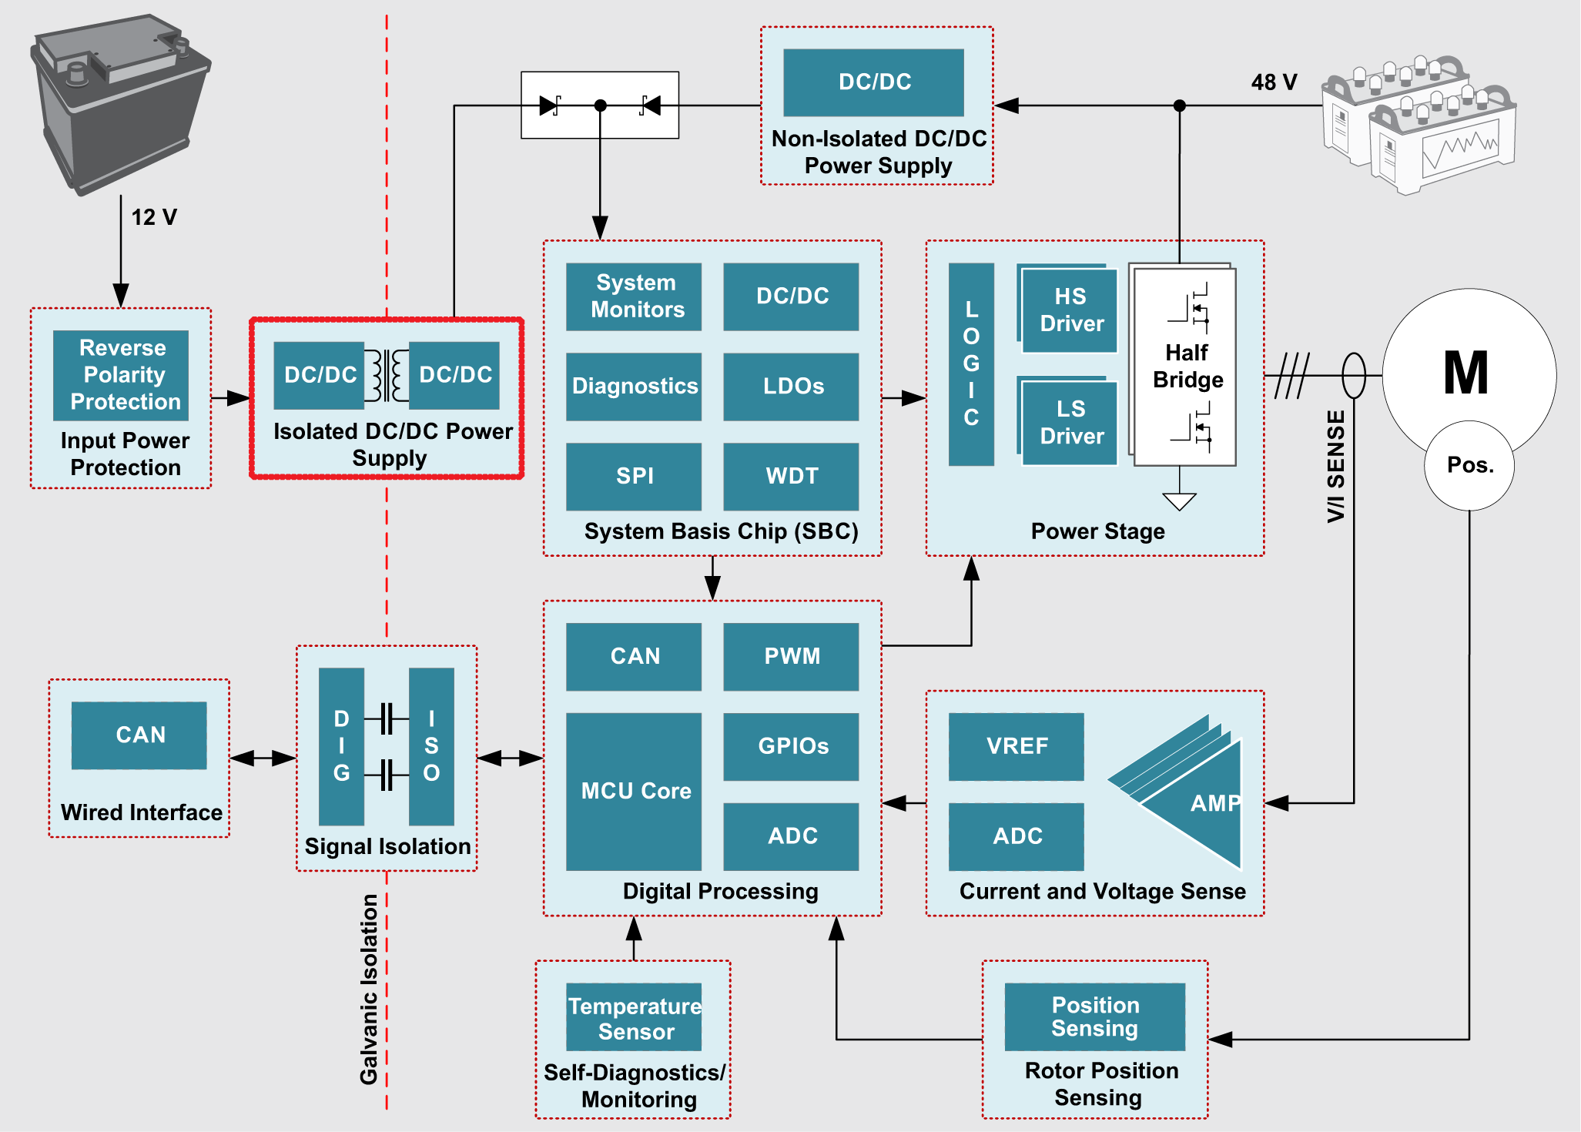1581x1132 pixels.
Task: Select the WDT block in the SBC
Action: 791,476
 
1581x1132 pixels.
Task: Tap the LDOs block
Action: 791,387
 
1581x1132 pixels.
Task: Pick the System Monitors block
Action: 634,296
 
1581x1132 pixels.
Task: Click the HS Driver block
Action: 1070,310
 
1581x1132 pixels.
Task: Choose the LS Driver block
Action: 1070,423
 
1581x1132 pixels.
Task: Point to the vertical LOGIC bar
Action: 971,364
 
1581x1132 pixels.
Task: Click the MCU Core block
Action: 634,791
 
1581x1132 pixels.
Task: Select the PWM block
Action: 791,656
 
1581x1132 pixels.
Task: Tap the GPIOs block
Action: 791,746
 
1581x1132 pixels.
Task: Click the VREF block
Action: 1017,746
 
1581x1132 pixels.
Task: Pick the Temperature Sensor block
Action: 634,1017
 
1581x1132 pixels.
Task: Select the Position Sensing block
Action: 1094,1016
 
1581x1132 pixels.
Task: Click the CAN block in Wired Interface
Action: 139,735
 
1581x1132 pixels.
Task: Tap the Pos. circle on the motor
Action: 1469,465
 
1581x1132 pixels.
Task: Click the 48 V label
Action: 1274,82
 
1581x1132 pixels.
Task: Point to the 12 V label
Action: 154,217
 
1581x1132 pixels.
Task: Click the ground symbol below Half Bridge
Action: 1179,501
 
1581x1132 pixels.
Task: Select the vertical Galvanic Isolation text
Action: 370,989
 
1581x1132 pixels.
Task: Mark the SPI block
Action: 634,476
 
